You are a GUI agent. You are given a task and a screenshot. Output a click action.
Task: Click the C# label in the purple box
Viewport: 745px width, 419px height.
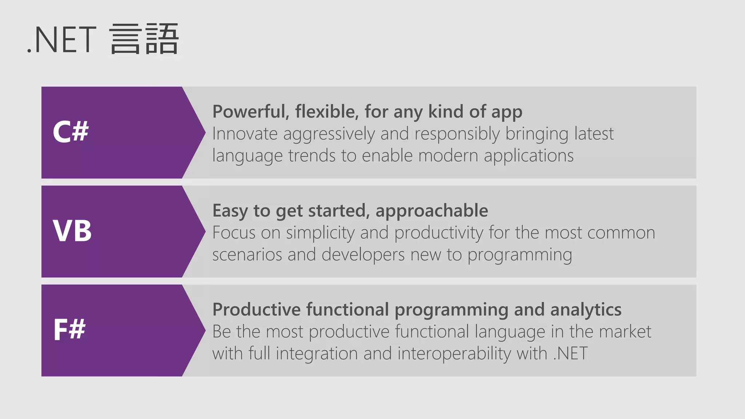(71, 132)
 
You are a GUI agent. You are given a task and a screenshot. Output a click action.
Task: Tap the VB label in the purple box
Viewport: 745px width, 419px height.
(72, 231)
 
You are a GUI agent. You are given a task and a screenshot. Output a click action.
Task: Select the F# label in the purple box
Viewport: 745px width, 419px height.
(69, 330)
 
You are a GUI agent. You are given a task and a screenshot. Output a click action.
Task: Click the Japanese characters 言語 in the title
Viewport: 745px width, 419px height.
(144, 39)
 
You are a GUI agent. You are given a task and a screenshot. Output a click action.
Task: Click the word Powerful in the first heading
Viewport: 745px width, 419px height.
(250, 112)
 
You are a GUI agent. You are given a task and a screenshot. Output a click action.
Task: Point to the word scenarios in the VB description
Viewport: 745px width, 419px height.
(247, 255)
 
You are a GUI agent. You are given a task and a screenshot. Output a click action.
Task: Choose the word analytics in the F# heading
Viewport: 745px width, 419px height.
(586, 310)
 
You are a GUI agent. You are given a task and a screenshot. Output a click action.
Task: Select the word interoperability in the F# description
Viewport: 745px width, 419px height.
(454, 354)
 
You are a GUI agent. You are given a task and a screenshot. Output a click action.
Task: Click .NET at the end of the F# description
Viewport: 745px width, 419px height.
(570, 354)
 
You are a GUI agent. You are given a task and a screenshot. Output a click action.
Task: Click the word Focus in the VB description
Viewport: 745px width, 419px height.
(234, 233)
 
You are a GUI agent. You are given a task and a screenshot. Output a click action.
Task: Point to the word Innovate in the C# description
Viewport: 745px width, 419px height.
(245, 134)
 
